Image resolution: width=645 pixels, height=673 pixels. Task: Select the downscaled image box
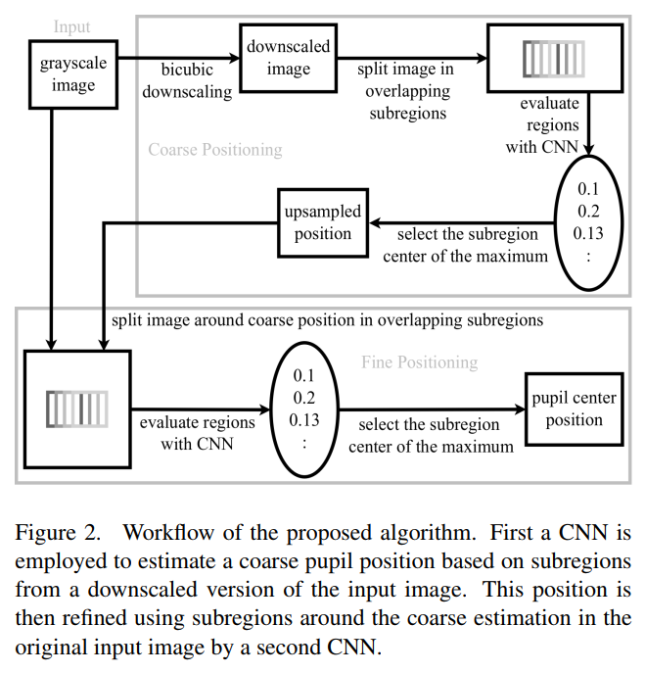click(x=288, y=58)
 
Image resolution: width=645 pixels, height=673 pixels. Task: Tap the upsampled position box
click(x=322, y=223)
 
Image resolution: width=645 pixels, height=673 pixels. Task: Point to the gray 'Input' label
click(x=71, y=26)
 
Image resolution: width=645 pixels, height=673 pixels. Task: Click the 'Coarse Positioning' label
click(x=214, y=150)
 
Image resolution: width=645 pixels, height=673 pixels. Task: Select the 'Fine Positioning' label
click(x=419, y=362)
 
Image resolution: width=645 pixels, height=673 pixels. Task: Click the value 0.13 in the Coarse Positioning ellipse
click(x=589, y=233)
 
